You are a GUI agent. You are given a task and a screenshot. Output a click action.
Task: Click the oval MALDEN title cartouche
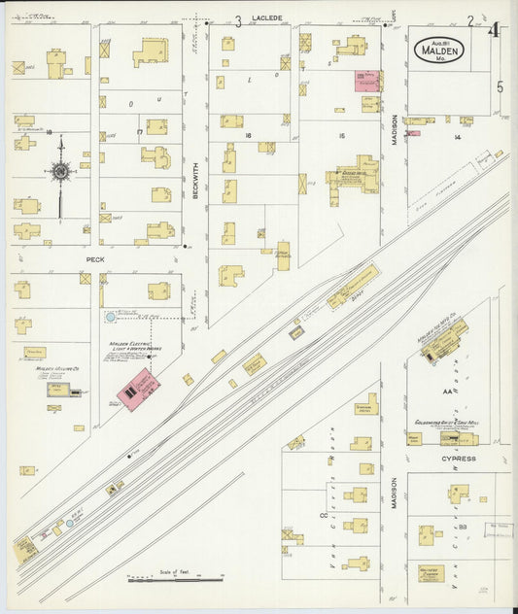pos(439,50)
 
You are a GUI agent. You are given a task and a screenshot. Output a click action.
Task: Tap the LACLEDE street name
pos(266,18)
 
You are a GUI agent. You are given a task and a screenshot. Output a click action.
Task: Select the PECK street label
pos(94,260)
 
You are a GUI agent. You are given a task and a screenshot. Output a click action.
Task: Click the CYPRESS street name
pos(458,458)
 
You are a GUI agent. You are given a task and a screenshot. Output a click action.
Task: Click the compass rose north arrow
pos(60,173)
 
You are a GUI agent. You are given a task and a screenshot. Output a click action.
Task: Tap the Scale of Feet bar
pos(176,580)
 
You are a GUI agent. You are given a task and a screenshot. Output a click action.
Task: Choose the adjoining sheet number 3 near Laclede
pos(237,20)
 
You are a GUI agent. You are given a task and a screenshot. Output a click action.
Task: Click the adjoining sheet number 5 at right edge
pos(501,86)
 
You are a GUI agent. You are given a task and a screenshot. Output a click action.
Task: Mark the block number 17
pos(140,131)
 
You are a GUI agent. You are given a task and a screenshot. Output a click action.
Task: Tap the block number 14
pos(456,138)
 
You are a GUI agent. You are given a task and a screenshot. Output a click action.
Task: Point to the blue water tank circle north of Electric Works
pos(110,316)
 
